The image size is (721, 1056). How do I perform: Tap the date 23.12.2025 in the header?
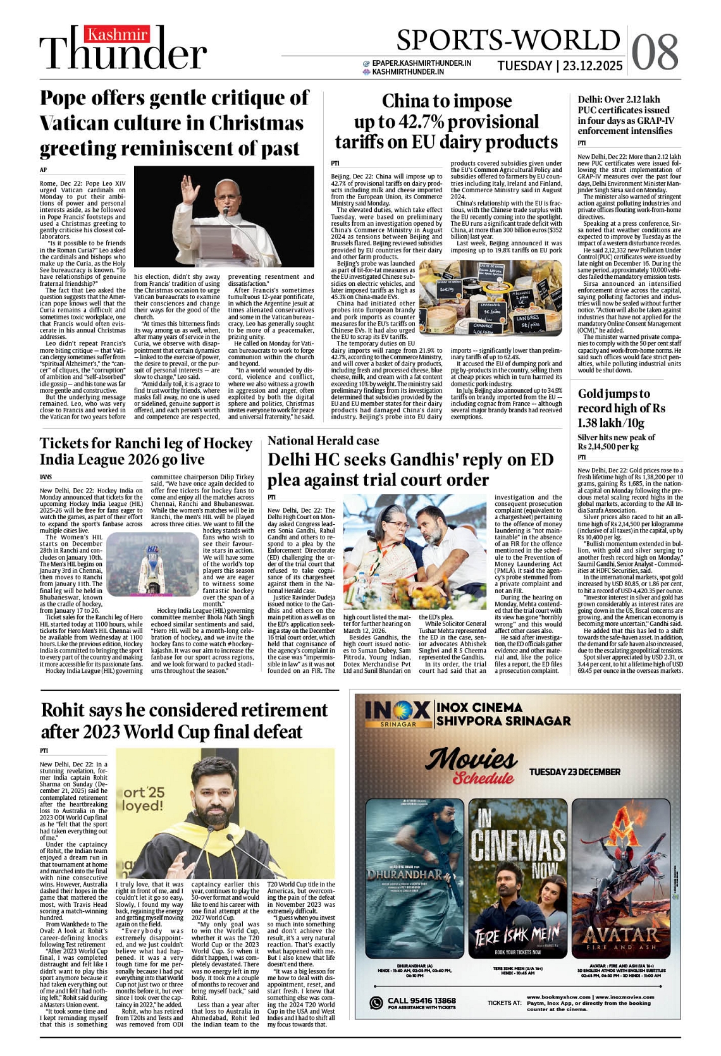[x=593, y=66]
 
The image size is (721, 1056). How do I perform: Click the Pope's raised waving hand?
[x=188, y=188]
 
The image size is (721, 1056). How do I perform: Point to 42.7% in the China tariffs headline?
[x=423, y=122]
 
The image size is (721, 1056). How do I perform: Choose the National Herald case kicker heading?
[x=323, y=441]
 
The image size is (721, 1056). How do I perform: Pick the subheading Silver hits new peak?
[x=616, y=437]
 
